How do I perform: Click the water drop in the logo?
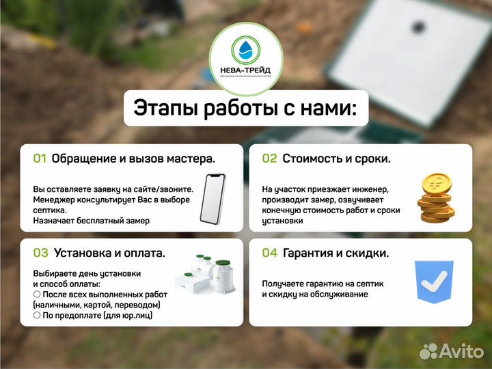click(x=245, y=49)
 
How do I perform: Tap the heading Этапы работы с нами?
click(x=245, y=108)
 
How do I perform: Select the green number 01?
click(x=40, y=159)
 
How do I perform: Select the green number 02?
click(x=269, y=159)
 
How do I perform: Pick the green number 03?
click(x=40, y=253)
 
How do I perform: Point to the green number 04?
click(x=269, y=253)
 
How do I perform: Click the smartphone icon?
click(x=213, y=198)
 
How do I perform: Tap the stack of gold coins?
click(x=435, y=198)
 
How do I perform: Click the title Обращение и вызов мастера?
click(x=133, y=159)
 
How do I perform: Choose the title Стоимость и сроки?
click(x=336, y=159)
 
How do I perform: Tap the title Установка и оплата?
click(x=109, y=253)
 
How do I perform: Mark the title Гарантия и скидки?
click(x=336, y=253)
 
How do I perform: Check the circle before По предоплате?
click(x=37, y=315)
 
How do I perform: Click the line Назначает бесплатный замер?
click(x=91, y=221)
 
